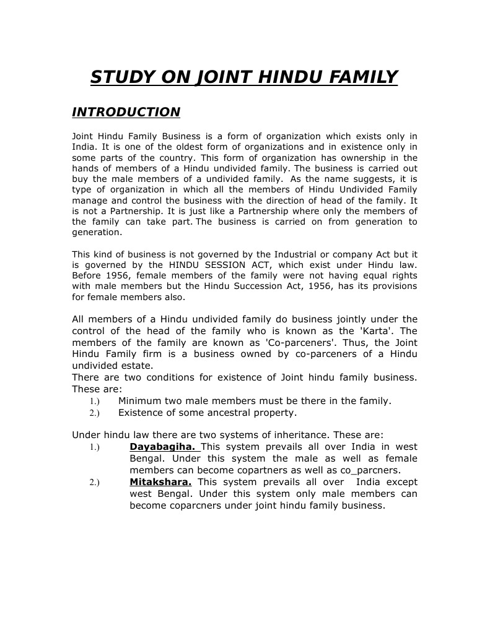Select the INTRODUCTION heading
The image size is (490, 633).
point(126,112)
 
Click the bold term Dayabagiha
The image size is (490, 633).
point(162,447)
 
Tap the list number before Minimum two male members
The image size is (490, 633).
point(94,401)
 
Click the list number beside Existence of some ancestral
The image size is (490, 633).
point(94,413)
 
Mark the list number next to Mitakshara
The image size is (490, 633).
point(94,482)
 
